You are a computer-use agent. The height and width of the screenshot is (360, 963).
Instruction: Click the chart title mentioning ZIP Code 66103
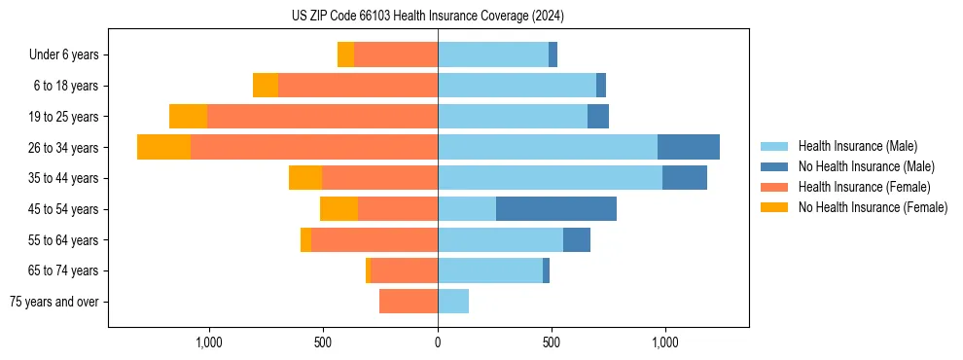click(427, 17)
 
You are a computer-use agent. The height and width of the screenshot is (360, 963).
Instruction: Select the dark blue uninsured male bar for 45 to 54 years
click(555, 209)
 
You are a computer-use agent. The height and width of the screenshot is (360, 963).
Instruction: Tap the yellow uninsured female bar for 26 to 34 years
click(163, 147)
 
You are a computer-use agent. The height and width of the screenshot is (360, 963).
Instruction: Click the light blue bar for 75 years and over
click(453, 302)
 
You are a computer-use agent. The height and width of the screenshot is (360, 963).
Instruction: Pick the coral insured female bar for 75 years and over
click(409, 302)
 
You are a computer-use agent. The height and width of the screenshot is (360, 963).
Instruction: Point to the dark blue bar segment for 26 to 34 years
click(688, 147)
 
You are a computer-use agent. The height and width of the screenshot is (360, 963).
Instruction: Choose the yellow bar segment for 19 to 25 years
click(188, 117)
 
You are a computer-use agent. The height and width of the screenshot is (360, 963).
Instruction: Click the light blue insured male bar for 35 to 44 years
click(550, 178)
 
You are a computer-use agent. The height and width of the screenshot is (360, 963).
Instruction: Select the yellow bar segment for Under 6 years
click(345, 54)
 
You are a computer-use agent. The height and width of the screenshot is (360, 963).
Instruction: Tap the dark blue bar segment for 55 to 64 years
click(576, 239)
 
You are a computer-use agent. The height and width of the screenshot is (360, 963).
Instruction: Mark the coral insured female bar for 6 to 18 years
click(358, 86)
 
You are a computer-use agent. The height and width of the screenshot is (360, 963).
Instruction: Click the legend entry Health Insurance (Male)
click(857, 146)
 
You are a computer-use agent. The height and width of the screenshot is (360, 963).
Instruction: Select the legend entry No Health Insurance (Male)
click(866, 166)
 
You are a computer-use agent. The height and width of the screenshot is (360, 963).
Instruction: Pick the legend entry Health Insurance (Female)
click(864, 187)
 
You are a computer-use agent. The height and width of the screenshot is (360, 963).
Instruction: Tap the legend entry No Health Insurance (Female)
click(873, 207)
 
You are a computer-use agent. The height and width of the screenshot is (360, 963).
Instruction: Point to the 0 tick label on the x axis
click(438, 342)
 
